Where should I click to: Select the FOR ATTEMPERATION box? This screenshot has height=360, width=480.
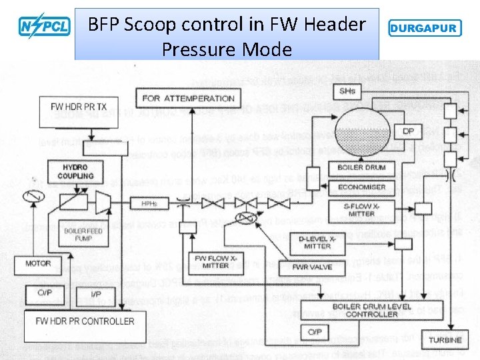coord(188,98)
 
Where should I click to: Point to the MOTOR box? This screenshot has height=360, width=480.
coord(38,263)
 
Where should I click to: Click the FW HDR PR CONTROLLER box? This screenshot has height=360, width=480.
coord(85,321)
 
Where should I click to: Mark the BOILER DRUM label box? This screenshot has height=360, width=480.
coord(362,167)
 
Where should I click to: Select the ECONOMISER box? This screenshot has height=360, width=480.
coord(362,187)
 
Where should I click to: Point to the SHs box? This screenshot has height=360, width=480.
coord(347,91)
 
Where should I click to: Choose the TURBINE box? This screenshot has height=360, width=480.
coord(445,340)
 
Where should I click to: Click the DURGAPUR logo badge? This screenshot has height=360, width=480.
coord(423,29)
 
